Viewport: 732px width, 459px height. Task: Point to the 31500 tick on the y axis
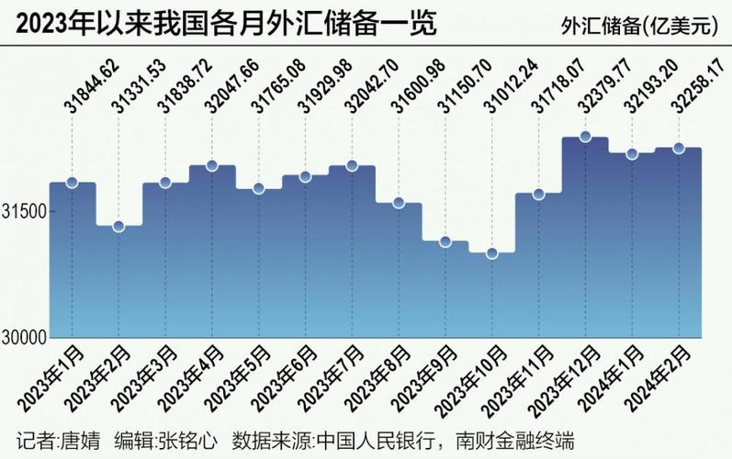click(24, 212)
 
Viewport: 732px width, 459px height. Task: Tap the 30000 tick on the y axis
click(24, 338)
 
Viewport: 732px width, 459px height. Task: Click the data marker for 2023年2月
click(118, 226)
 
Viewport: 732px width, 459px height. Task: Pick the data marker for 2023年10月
click(491, 253)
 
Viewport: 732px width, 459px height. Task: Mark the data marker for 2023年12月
click(585, 138)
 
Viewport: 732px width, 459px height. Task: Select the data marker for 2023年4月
click(212, 166)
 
